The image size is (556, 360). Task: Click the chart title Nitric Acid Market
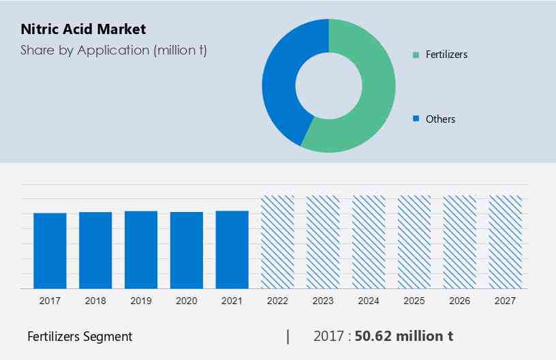[x=83, y=29]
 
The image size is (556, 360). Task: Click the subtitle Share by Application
[x=114, y=50]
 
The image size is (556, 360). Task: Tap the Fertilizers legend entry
[x=446, y=55]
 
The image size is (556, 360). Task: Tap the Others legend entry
[x=439, y=119]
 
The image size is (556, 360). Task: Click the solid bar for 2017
[x=50, y=250]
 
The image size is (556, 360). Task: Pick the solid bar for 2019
[x=141, y=250]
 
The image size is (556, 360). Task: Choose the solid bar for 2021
[x=232, y=250]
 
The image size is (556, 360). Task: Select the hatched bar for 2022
[x=278, y=242]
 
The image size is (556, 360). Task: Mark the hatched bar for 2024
[x=369, y=242]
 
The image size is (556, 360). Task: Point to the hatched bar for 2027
[x=506, y=242]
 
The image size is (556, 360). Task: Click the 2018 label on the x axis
[x=95, y=300]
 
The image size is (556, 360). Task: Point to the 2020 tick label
[x=187, y=300]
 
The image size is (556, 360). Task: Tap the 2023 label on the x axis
[x=323, y=300]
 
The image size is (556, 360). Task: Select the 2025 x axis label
[x=414, y=300]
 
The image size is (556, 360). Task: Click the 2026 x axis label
[x=460, y=300]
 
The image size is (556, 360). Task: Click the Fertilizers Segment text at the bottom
[x=80, y=336]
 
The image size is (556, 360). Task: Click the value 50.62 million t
[x=405, y=336]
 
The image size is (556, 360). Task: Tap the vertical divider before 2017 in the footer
[x=288, y=336]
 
